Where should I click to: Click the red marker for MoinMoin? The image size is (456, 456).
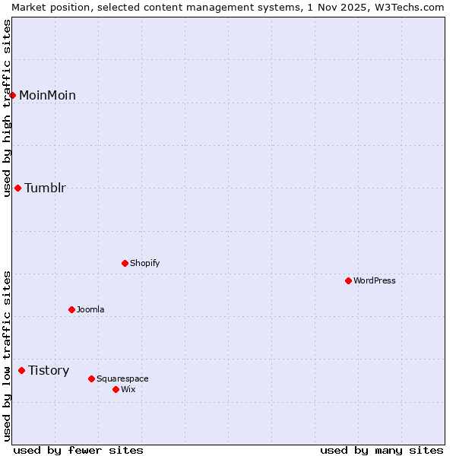click(x=13, y=95)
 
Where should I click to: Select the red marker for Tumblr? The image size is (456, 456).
click(x=17, y=188)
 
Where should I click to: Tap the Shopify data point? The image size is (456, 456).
click(x=125, y=263)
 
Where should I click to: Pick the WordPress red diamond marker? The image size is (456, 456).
click(x=348, y=280)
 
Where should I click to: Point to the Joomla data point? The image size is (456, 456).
click(x=71, y=309)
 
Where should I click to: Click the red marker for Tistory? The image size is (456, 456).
click(x=21, y=370)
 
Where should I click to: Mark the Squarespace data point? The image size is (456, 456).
click(x=91, y=378)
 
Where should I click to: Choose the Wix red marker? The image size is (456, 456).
click(x=116, y=389)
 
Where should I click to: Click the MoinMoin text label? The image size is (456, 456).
click(x=47, y=95)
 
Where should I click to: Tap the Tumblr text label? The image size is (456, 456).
click(x=45, y=188)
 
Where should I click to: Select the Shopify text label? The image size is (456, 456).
click(x=144, y=263)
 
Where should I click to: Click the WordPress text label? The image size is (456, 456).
click(x=374, y=280)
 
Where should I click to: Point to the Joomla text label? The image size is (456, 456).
click(x=90, y=309)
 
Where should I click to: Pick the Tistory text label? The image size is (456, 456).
click(x=49, y=370)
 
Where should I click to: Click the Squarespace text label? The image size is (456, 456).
click(x=122, y=378)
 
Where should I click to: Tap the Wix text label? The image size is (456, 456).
click(x=128, y=389)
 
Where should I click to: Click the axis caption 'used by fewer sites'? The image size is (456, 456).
click(x=78, y=450)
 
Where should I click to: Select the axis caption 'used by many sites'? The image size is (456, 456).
click(x=382, y=450)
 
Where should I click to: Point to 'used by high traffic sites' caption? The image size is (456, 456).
click(x=7, y=108)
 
